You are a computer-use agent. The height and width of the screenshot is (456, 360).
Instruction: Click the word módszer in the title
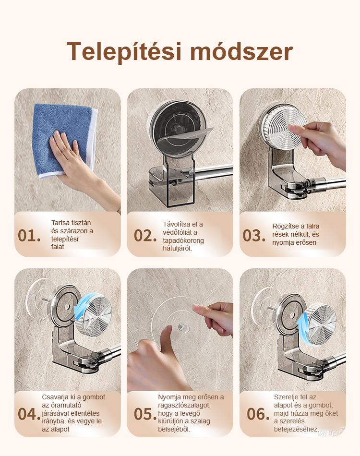coord(241,52)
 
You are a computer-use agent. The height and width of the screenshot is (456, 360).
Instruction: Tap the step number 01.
coord(29,236)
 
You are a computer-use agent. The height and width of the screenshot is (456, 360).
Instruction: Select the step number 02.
coord(145,236)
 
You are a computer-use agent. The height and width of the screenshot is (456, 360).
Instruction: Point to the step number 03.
coord(254,236)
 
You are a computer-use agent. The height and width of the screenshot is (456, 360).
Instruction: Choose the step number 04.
coord(29,414)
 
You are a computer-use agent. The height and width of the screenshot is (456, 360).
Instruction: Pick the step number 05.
coord(145,414)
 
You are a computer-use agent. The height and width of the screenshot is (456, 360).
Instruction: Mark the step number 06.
coord(258,414)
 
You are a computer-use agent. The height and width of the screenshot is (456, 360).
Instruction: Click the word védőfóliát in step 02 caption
coord(180,232)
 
